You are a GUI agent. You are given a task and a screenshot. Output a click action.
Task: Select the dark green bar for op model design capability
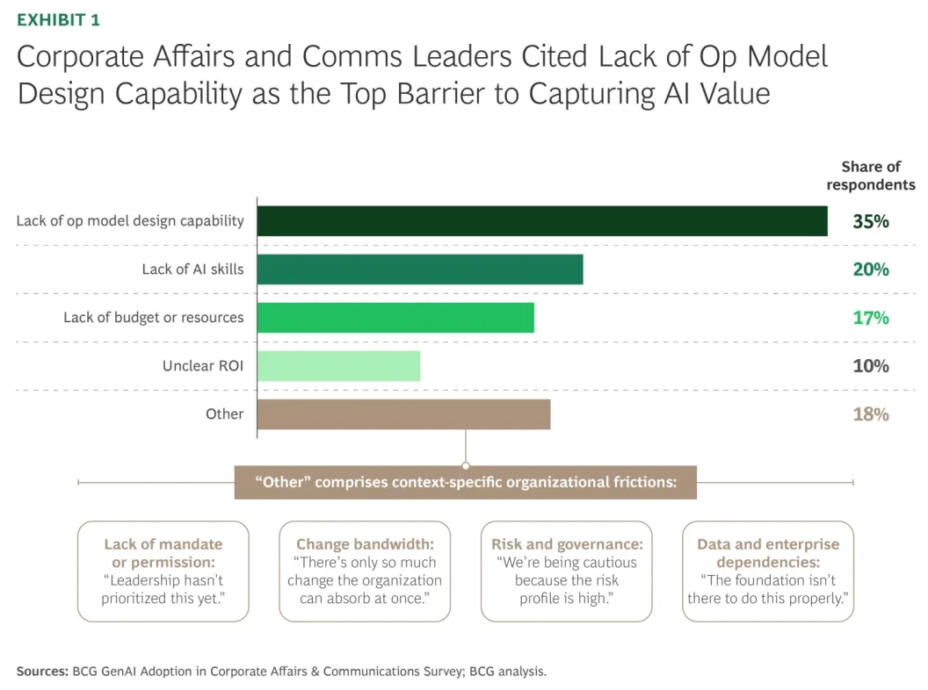click(x=541, y=221)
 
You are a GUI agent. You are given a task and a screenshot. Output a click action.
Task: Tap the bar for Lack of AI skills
click(x=420, y=270)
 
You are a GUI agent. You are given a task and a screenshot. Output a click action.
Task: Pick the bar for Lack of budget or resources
click(x=395, y=318)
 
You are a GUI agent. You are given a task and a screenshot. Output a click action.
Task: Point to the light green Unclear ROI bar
click(x=338, y=366)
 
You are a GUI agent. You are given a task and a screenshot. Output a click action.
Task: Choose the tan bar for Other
click(x=403, y=414)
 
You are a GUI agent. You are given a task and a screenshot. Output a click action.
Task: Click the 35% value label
click(x=870, y=221)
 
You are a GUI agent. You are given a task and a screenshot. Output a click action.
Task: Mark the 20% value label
click(x=870, y=270)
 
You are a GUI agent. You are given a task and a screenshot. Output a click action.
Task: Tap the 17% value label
click(x=870, y=318)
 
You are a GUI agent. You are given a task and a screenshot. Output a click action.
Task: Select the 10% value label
click(x=870, y=366)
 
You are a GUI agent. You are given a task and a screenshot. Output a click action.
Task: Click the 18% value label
click(x=870, y=414)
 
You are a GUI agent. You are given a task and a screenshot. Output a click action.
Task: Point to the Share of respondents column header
click(x=870, y=176)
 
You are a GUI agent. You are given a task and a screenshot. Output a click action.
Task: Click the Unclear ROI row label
click(x=203, y=366)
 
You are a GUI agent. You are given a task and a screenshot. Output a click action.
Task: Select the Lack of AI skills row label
click(x=192, y=270)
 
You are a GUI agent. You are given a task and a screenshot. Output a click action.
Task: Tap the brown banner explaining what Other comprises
click(x=465, y=482)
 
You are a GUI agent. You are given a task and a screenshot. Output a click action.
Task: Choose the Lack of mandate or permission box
click(x=163, y=571)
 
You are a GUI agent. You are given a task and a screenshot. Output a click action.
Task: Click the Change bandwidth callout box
click(x=365, y=571)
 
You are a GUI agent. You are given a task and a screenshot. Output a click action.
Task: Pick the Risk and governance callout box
click(x=566, y=571)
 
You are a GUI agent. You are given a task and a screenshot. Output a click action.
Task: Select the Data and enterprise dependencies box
click(x=768, y=571)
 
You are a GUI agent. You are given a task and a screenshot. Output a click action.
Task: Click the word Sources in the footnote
click(x=41, y=672)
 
